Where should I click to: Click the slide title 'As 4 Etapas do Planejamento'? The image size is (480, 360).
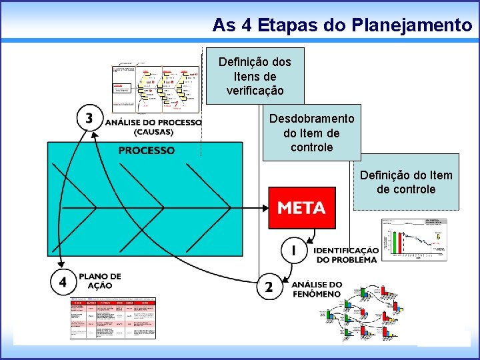click(342, 25)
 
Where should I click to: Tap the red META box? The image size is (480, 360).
click(301, 208)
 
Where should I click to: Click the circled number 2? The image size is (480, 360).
click(269, 287)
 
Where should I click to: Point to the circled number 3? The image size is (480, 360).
click(89, 118)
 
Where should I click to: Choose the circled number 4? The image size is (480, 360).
click(63, 282)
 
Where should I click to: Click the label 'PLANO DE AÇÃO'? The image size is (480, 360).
click(100, 281)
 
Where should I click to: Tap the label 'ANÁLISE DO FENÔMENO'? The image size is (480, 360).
click(317, 289)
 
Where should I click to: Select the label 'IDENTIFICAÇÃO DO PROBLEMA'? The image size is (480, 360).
click(346, 255)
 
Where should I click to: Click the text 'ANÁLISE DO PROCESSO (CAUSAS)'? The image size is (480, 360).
click(153, 127)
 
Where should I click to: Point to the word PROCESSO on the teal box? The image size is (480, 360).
click(147, 151)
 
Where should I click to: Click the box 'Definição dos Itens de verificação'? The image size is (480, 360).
click(255, 75)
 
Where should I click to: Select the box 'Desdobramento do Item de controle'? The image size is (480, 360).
click(311, 133)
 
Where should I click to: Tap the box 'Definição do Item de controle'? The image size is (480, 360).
click(406, 182)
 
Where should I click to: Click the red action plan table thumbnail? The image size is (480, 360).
click(113, 319)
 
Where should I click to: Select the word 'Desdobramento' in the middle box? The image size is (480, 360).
click(311, 119)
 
